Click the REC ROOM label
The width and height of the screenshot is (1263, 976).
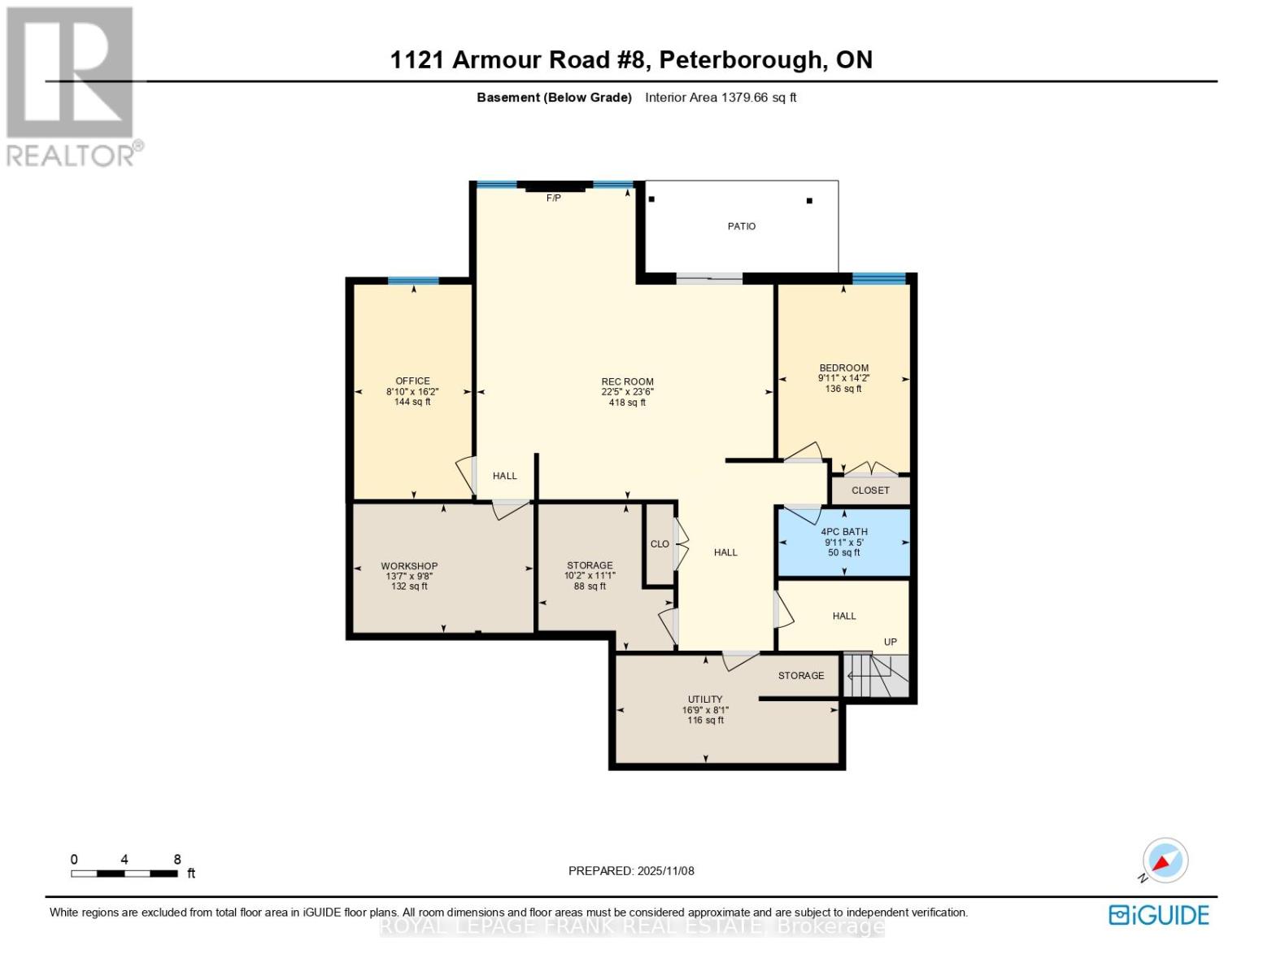627,381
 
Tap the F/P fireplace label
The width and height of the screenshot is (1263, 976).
553,198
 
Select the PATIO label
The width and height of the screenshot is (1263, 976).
741,226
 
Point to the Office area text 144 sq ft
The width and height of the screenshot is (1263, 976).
412,402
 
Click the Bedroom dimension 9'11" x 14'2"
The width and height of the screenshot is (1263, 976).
843,378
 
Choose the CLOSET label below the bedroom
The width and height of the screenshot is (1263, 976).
870,490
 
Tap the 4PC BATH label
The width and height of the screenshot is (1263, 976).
843,532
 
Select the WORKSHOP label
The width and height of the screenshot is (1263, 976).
409,566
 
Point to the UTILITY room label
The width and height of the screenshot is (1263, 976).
705,699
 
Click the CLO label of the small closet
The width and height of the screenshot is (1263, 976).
660,544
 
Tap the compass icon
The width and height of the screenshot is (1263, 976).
1165,861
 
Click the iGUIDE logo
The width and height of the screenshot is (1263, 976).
1158,915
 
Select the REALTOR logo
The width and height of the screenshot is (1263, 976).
72,85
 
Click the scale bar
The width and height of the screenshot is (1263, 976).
124,874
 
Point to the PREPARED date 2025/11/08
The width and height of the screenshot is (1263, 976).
665,871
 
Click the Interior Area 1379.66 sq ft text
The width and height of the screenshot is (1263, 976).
721,98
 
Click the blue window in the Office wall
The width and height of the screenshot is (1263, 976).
413,281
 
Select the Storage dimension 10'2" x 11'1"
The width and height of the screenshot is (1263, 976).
590,576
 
